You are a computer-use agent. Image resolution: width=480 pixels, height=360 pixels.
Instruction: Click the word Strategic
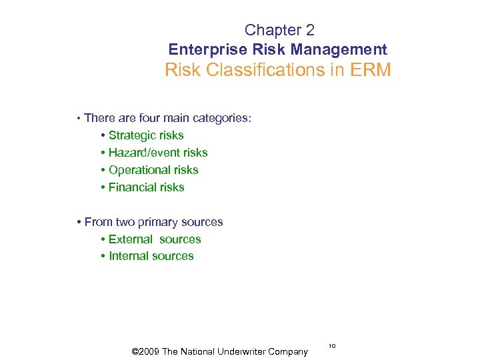(x=133, y=135)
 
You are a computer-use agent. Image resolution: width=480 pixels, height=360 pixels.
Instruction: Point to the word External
(x=131, y=239)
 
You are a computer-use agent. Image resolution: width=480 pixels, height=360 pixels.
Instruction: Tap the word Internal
(x=129, y=256)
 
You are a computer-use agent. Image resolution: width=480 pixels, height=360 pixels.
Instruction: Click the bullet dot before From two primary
(x=79, y=223)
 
